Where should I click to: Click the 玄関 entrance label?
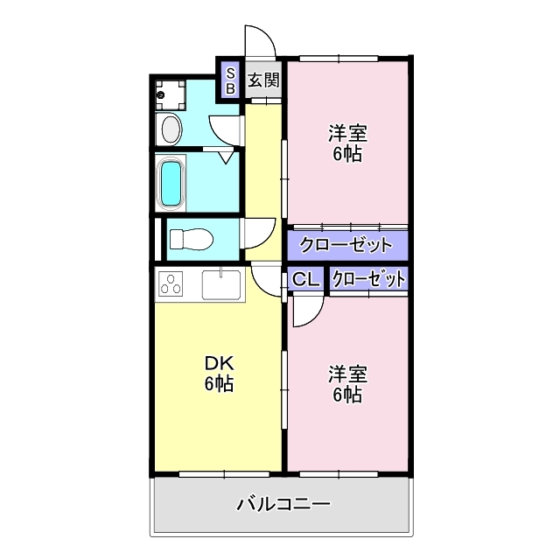click(262, 81)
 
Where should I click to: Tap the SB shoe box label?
click(230, 81)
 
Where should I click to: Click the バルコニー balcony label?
click(283, 505)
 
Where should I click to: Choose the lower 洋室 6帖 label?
click(347, 383)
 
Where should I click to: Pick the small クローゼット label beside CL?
click(369, 280)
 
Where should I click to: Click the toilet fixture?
click(190, 239)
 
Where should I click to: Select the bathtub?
click(172, 184)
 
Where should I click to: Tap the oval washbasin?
click(171, 130)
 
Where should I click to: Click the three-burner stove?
click(172, 284)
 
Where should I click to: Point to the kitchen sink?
click(221, 284)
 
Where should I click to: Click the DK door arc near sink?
click(265, 280)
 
